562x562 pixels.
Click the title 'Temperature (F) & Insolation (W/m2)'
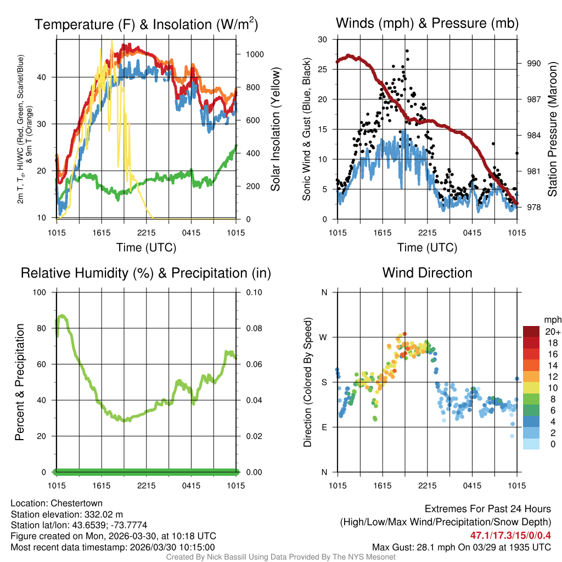(x=146, y=24)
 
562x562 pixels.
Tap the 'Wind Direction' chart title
(x=427, y=273)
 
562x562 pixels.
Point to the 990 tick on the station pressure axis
(x=534, y=63)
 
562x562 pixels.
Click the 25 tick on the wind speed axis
(x=323, y=69)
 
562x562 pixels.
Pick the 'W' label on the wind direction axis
(x=324, y=337)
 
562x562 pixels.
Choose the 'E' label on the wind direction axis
(x=324, y=427)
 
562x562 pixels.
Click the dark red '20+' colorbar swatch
(x=531, y=331)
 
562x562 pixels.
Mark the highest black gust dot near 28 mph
(x=407, y=51)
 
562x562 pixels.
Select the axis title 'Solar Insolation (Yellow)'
(x=276, y=130)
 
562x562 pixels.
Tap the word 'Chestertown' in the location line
(x=76, y=503)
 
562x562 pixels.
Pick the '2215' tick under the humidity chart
(x=147, y=486)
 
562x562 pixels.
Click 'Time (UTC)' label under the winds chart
(x=427, y=248)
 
